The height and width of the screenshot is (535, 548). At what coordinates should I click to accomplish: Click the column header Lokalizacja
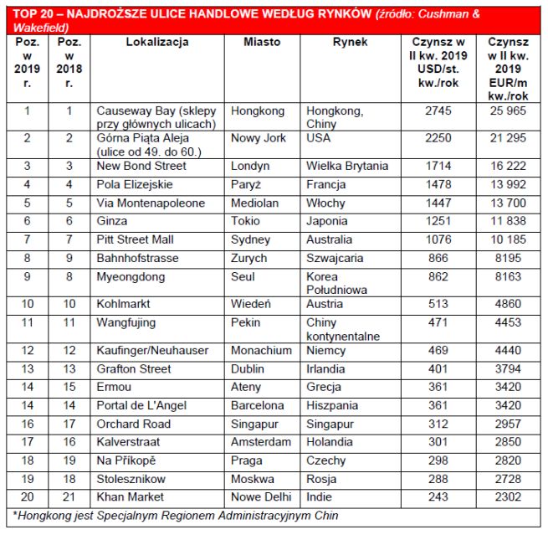(x=157, y=42)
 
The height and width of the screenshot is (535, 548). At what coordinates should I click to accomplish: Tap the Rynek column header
(x=349, y=42)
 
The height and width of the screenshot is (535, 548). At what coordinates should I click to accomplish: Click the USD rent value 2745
(x=438, y=111)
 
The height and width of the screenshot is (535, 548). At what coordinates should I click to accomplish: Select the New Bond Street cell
(x=141, y=166)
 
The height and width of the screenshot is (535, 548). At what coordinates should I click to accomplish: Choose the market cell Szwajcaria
(x=335, y=258)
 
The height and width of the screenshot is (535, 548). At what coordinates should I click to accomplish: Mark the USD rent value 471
(x=438, y=322)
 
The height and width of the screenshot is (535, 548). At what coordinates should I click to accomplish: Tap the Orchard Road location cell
(x=134, y=424)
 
